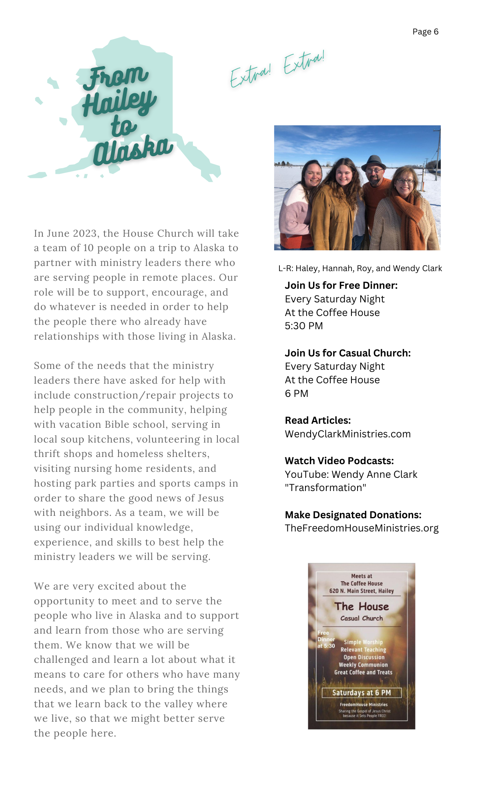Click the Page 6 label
tap(425, 32)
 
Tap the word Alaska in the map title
tap(133, 151)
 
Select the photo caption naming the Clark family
tap(360, 268)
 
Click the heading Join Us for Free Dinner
tap(341, 286)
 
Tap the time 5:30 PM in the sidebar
tap(304, 326)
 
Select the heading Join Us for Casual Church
tap(347, 353)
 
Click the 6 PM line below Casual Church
tap(297, 393)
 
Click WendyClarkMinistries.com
tap(347, 434)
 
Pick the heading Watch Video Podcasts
tap(339, 461)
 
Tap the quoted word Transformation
tap(325, 488)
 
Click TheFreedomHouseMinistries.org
tap(361, 528)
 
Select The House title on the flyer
tap(361, 606)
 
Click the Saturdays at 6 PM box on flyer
tap(361, 692)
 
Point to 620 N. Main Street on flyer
tap(361, 591)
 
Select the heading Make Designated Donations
tap(353, 515)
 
